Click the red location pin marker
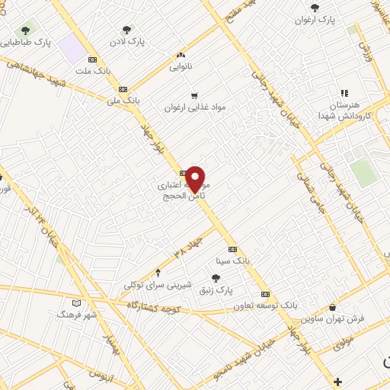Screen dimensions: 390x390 (x=196, y=178)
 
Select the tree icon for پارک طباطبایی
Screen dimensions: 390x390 (x=26, y=31)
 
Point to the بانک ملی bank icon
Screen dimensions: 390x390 (x=123, y=89)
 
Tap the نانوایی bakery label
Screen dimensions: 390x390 (x=180, y=66)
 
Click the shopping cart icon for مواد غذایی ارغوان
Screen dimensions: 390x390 (x=194, y=96)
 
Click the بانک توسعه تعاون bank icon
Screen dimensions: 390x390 (x=265, y=294)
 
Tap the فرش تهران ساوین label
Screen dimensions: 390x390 (x=332, y=318)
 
